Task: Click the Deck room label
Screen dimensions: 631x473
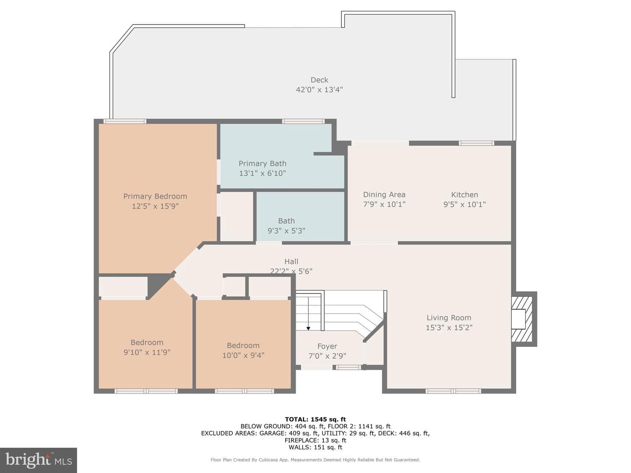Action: coord(319,80)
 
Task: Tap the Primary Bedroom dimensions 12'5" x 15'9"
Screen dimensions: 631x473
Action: coord(155,206)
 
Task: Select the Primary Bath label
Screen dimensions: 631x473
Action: coord(262,163)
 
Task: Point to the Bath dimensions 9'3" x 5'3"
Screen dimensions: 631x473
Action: coord(286,231)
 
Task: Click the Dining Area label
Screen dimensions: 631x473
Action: coord(384,195)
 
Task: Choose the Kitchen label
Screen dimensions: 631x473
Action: coord(464,195)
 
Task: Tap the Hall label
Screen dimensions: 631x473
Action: coord(291,261)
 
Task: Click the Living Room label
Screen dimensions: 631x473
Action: coord(449,318)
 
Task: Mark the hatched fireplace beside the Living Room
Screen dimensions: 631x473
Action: coord(522,319)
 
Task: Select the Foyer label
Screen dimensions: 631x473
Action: coord(327,346)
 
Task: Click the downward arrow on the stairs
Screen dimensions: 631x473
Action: coord(308,314)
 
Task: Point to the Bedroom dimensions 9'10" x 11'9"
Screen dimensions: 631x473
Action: coord(147,352)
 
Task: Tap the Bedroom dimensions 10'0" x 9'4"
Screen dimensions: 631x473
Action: coord(243,355)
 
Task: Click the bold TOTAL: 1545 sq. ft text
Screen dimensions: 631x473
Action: coord(315,420)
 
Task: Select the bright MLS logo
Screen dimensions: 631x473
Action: coord(39,460)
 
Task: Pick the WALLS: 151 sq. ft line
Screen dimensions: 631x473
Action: coord(315,447)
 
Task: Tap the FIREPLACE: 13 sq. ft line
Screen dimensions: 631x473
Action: coord(315,440)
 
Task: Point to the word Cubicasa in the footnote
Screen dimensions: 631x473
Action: coord(269,460)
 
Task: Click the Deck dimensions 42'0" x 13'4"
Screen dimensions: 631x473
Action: coord(319,90)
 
